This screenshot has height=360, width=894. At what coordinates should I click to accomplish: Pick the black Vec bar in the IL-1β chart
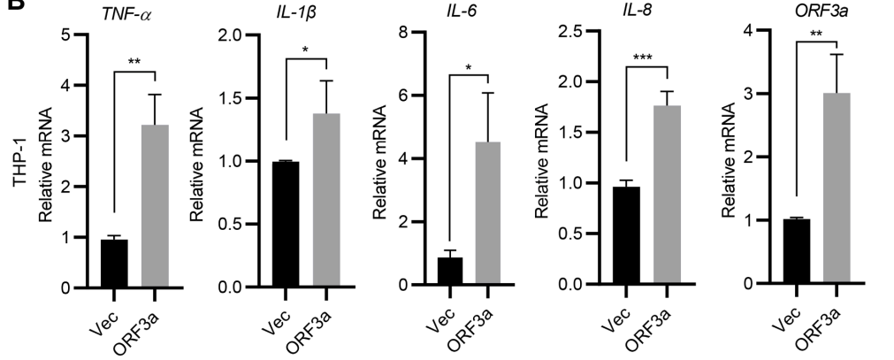click(x=286, y=225)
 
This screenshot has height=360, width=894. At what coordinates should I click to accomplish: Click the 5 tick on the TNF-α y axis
click(x=65, y=35)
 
